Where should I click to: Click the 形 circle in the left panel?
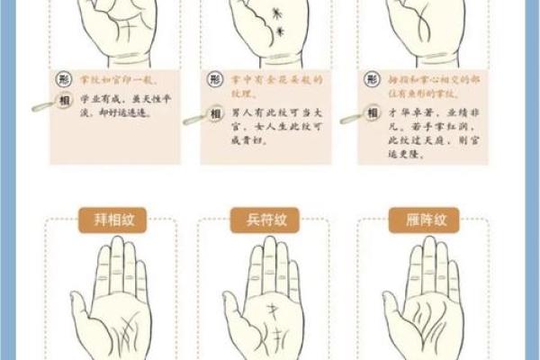(64, 78)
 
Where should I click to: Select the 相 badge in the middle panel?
(214, 114)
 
